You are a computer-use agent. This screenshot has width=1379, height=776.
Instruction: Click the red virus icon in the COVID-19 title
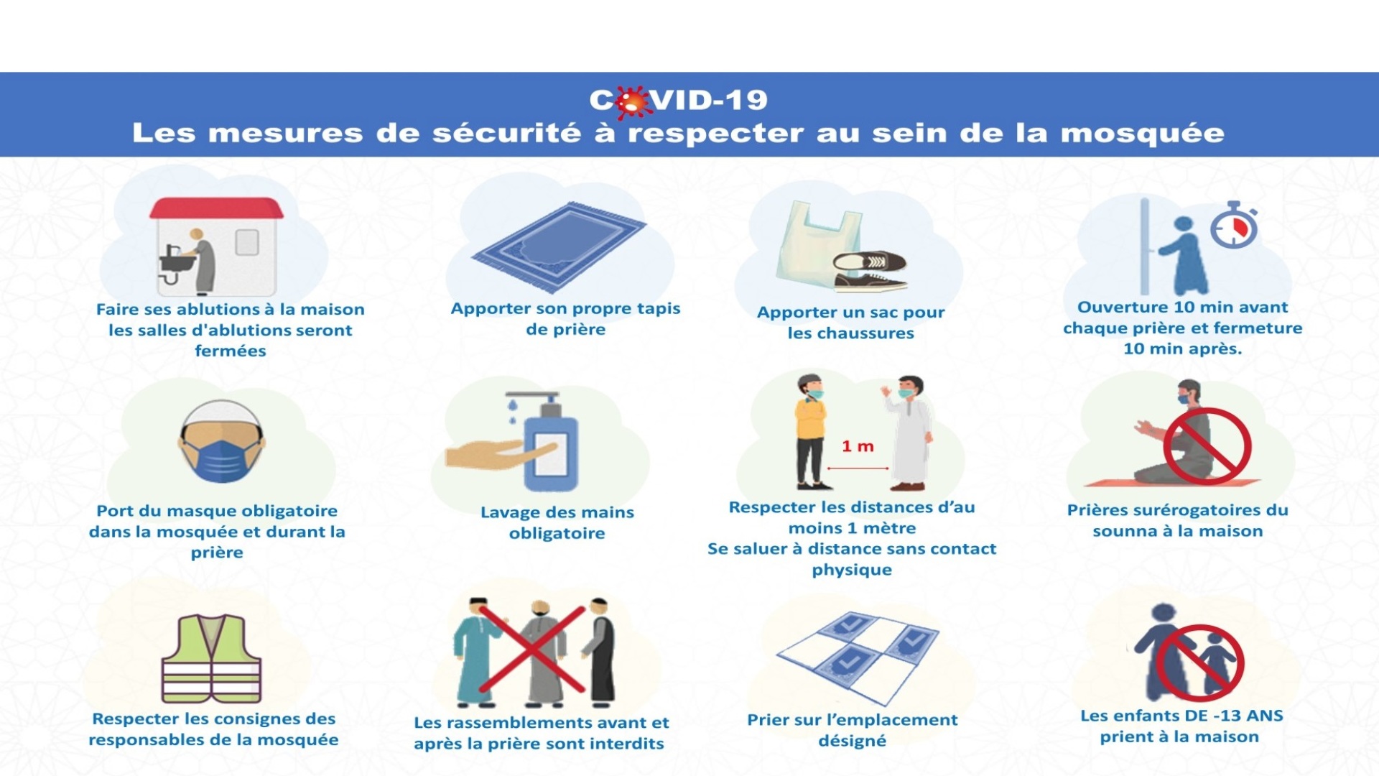pos(631,102)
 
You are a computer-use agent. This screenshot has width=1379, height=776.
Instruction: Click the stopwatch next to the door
pos(1234,225)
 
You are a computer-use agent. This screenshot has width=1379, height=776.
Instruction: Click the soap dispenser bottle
pos(550,442)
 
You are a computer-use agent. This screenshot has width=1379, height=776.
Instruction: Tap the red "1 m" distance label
pos(858,446)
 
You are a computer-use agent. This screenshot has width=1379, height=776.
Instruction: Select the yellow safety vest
pos(211,658)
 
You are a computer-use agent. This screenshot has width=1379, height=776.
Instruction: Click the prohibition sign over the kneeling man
pos(1207,446)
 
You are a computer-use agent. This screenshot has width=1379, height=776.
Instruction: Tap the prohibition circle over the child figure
pos(1200,662)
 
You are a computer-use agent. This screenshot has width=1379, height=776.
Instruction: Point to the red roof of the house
pos(216,208)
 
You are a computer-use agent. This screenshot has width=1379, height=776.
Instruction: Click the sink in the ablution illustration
pos(177,263)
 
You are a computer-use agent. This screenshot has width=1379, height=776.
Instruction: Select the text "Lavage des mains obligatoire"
pos(557,522)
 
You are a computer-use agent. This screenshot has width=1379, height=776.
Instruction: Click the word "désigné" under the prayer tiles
pos(853,740)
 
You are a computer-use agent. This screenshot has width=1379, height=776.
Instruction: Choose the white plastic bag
pos(817,244)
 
